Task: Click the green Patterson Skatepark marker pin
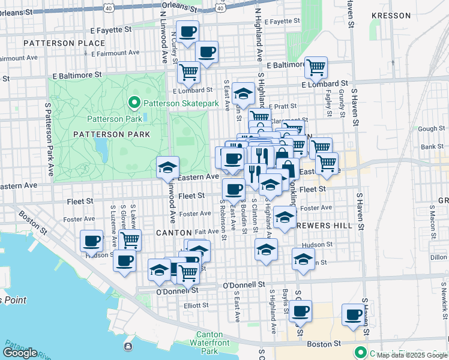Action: coord(134,103)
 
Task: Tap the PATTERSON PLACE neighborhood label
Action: coord(56,43)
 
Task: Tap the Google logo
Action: coord(20,353)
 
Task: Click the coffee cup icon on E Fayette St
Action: coord(187,31)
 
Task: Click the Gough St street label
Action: coord(431,129)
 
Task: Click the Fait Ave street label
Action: coord(206,231)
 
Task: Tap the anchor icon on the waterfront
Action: coord(128,346)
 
